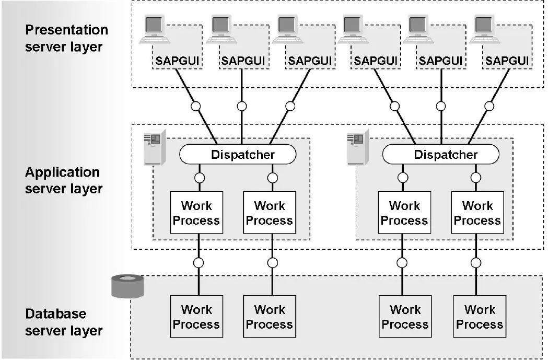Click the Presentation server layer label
pos(66,38)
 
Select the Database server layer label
pos(64,322)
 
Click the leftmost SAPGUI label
pos(177,61)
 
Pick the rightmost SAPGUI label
pos(507,61)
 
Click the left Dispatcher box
pos(238,154)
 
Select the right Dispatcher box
pos(441,154)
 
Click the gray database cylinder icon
pos(127,286)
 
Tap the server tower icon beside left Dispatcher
pos(155,147)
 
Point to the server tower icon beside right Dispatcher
pos(358,147)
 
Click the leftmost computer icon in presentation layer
pos(155,29)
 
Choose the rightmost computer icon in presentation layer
pos(485,29)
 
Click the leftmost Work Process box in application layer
pos(196,213)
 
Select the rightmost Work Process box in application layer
pos(477,213)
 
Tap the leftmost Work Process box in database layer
pos(196,317)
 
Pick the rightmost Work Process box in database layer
pos(480,317)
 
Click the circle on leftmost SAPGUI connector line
pos(196,107)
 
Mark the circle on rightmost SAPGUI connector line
pos(489,107)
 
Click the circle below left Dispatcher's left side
pos(200,178)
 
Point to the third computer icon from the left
pos(288,29)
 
